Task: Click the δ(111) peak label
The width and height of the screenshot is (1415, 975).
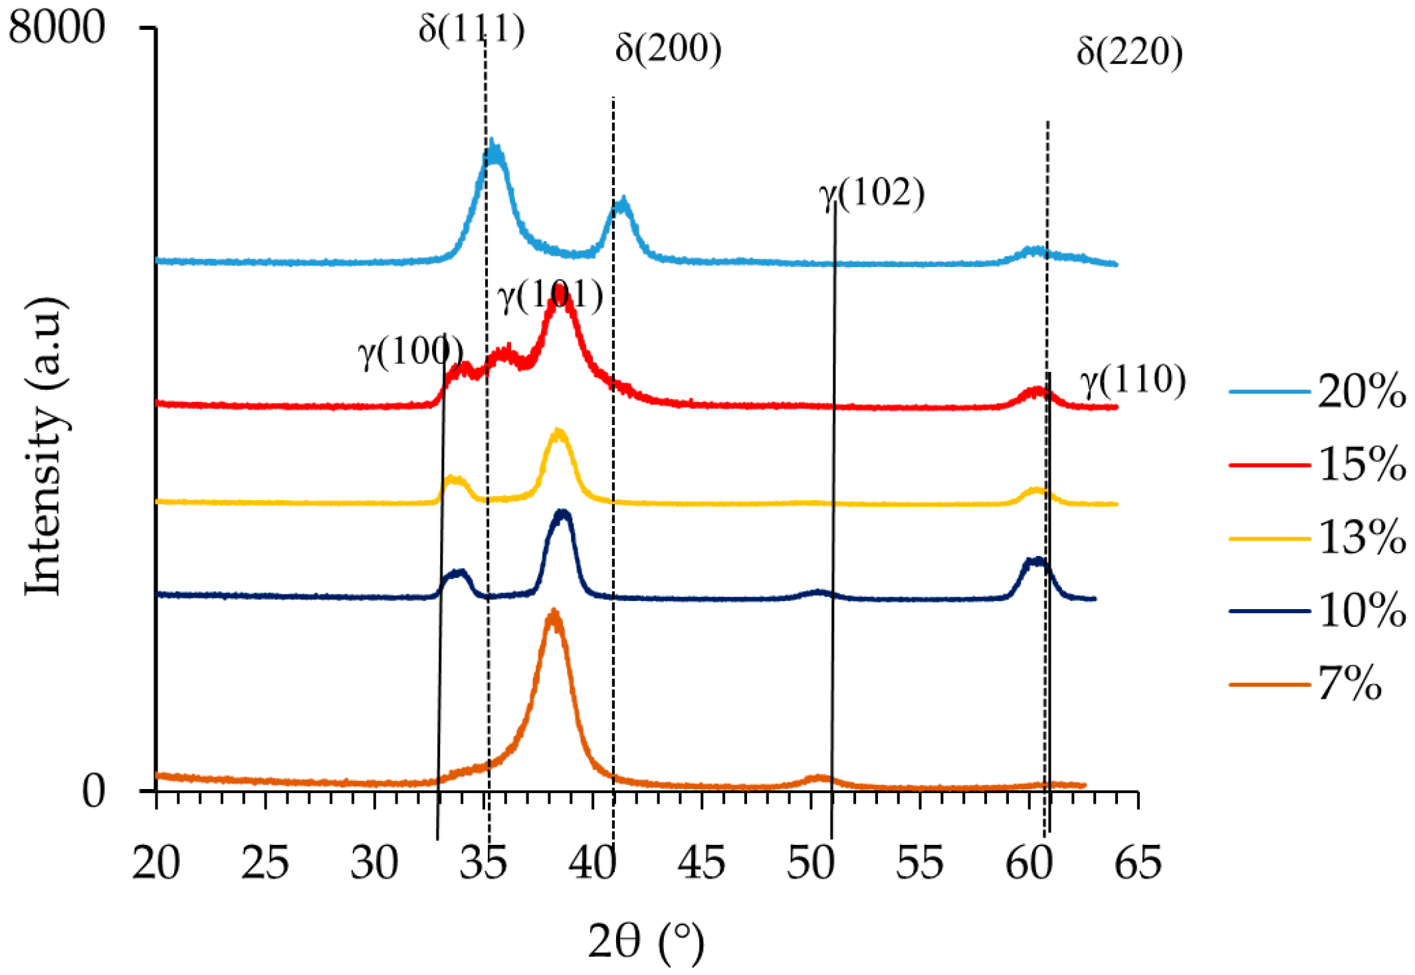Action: [471, 29]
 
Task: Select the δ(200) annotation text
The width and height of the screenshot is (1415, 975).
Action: [668, 48]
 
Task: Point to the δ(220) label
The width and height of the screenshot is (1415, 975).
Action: [1129, 52]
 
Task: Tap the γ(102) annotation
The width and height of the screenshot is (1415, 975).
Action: [871, 194]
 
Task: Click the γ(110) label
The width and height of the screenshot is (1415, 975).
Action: [1133, 381]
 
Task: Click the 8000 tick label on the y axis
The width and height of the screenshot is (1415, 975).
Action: [57, 28]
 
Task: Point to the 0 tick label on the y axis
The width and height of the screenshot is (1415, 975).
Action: [93, 791]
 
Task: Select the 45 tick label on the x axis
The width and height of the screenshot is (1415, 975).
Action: [701, 863]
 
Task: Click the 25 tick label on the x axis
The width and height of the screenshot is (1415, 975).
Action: [265, 863]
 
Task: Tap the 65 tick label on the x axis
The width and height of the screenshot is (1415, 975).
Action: [1138, 863]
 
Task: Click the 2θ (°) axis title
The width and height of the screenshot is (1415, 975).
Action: [645, 942]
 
